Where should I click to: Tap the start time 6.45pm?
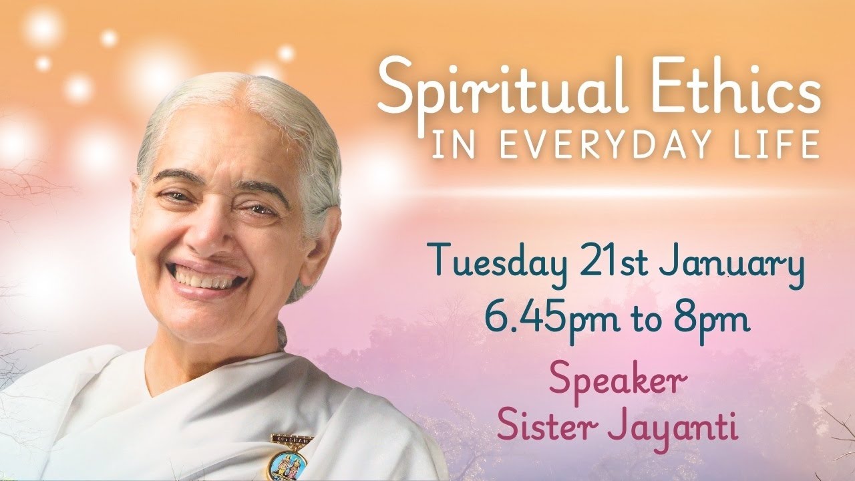point(541,320)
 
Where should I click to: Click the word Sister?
point(540,427)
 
